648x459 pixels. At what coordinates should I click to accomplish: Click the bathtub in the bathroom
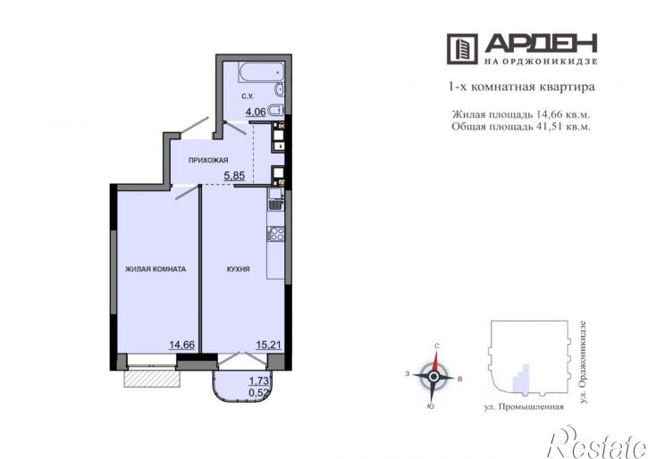261,71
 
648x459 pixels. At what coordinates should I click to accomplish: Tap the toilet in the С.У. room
275,110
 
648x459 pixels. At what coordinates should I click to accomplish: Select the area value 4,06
256,112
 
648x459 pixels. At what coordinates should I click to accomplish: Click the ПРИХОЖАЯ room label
208,160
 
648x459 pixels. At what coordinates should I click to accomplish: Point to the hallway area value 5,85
234,176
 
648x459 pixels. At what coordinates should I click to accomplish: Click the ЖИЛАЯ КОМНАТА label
156,269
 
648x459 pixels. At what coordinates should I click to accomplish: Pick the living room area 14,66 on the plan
181,345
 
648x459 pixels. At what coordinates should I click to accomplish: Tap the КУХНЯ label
238,269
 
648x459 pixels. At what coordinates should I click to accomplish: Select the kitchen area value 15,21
269,345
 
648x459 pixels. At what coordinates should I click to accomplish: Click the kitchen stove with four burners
275,234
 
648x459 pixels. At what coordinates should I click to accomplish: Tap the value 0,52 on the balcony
260,392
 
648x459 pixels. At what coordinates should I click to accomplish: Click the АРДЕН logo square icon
462,49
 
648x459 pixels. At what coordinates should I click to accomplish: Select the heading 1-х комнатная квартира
522,88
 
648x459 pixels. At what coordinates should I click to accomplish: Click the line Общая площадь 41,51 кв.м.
521,126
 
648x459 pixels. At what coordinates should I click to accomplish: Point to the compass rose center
433,377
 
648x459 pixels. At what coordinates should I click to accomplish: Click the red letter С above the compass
436,346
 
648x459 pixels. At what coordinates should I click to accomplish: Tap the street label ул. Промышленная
524,407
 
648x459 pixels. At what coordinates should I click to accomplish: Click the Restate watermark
597,443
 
